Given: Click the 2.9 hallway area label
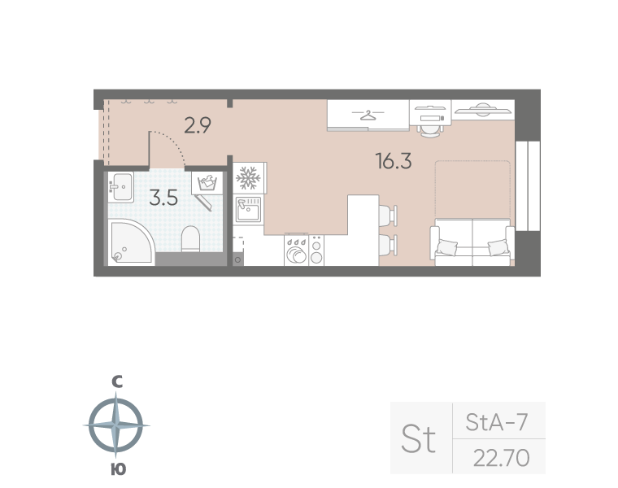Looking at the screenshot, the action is click(198, 125).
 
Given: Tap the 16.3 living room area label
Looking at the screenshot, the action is click(394, 161).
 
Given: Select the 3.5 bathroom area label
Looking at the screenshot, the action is click(163, 198).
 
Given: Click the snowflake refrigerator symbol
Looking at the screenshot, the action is click(248, 178).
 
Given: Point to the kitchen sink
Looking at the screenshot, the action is click(248, 209).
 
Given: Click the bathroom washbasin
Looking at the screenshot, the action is click(121, 187).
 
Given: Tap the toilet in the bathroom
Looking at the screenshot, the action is click(191, 239).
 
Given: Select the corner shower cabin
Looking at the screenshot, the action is click(130, 242).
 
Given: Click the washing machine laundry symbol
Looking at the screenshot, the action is click(207, 183).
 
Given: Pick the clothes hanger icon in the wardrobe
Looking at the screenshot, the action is click(368, 115).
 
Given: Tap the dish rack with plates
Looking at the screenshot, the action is click(296, 251).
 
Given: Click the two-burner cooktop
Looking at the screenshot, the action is click(316, 251).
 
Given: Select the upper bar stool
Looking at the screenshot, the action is click(388, 216).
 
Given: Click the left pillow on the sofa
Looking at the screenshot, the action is click(447, 247).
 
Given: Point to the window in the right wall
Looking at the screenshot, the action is click(528, 185).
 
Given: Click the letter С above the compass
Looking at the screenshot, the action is click(117, 381).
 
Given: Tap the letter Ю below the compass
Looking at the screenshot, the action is click(118, 469).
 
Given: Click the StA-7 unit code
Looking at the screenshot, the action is click(497, 422).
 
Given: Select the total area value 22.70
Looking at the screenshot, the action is click(502, 458).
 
